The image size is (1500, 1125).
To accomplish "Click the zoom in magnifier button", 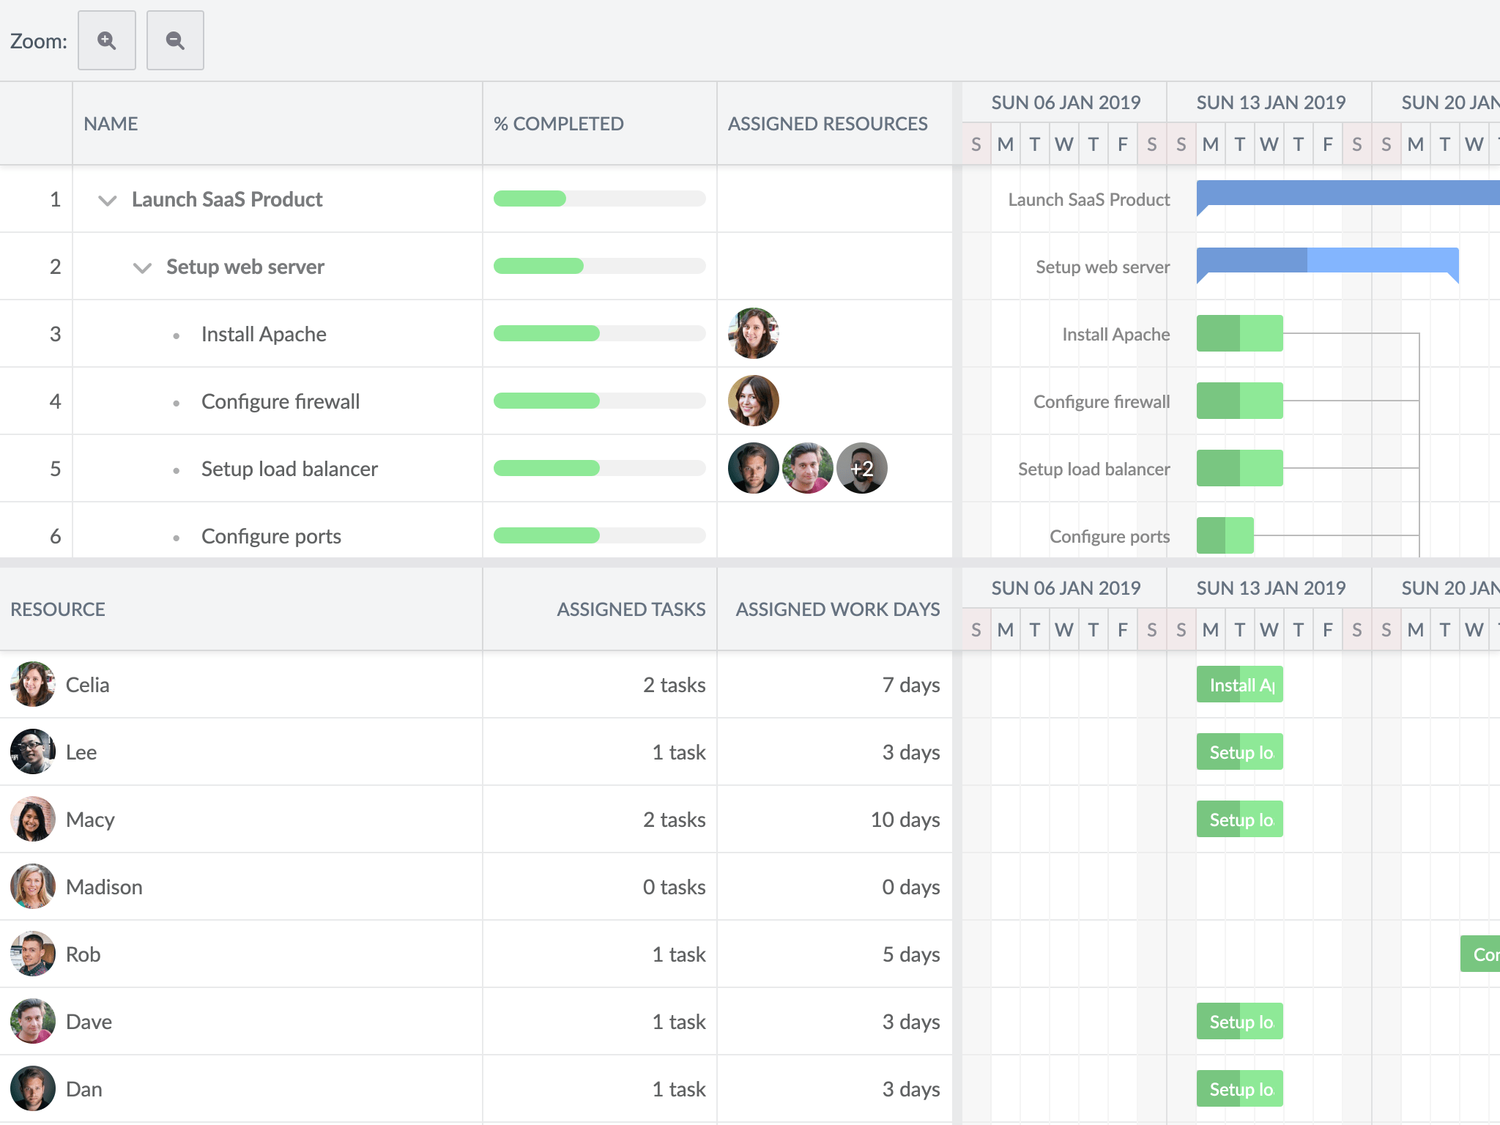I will click(x=107, y=40).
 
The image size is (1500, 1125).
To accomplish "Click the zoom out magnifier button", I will click(x=175, y=40).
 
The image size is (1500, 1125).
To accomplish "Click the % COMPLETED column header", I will click(x=558, y=124).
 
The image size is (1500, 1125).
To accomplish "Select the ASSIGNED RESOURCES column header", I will click(x=827, y=124).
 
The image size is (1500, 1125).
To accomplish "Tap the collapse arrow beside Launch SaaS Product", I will click(x=108, y=200).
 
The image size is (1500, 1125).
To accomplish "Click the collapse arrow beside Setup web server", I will click(x=142, y=267).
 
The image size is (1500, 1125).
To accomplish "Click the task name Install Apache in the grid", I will click(x=264, y=334).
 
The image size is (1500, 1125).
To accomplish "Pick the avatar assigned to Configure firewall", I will click(x=753, y=401).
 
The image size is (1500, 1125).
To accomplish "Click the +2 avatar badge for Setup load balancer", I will click(x=861, y=468).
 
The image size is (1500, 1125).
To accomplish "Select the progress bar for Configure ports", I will click(x=599, y=535).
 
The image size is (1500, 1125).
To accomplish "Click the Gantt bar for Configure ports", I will click(x=1225, y=535).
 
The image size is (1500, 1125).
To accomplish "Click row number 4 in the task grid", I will click(x=55, y=401).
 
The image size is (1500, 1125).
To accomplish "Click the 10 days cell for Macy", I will click(x=905, y=820).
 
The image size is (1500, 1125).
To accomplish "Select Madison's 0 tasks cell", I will click(x=673, y=887).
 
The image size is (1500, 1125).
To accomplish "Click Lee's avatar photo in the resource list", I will click(x=32, y=751).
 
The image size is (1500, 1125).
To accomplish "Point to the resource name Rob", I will click(x=83, y=954).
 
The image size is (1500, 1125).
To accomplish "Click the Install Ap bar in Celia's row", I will click(x=1239, y=685).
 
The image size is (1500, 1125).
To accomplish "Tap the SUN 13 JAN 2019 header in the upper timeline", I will click(x=1270, y=103).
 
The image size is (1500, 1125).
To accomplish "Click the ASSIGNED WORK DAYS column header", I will click(x=837, y=609).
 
